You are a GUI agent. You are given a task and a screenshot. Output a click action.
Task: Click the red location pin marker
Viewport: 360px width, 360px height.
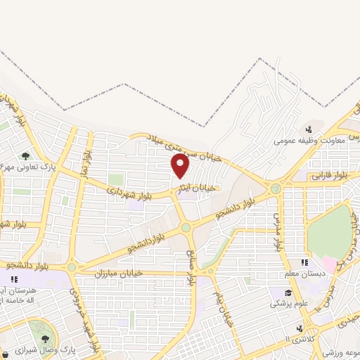tap(181, 166)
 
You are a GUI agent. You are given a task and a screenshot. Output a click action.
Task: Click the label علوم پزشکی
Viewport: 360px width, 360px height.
tap(287, 305)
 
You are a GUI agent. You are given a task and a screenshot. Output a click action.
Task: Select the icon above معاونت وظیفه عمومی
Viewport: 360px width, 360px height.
tap(309, 129)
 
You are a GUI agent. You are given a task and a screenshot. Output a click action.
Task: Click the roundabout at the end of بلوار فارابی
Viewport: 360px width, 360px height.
tap(276, 188)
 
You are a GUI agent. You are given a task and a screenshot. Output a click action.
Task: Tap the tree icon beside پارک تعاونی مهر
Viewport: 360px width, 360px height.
tap(25, 156)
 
